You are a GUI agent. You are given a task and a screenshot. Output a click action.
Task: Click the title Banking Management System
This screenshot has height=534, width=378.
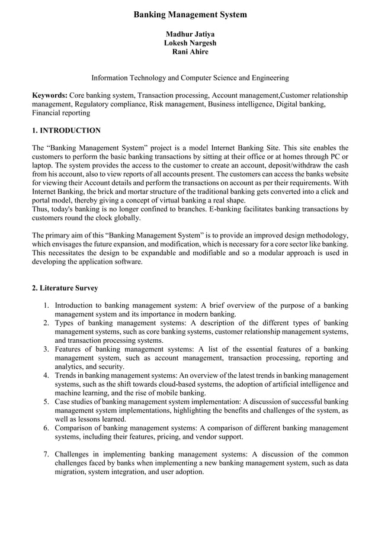click(190, 14)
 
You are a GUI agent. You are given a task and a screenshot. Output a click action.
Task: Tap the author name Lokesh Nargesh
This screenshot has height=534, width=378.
click(190, 43)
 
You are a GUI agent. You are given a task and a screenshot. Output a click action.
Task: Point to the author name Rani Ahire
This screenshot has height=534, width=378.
click(190, 52)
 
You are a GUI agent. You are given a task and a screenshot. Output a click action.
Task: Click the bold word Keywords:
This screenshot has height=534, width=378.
click(50, 95)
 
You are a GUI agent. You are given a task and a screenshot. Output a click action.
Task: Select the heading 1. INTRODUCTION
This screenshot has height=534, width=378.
click(66, 130)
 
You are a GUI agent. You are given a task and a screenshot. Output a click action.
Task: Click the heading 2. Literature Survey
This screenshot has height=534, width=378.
click(65, 288)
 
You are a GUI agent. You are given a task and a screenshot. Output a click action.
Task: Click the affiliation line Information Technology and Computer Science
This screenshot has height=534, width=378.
click(190, 78)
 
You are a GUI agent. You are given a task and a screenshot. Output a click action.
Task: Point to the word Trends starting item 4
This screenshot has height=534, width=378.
click(66, 375)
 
